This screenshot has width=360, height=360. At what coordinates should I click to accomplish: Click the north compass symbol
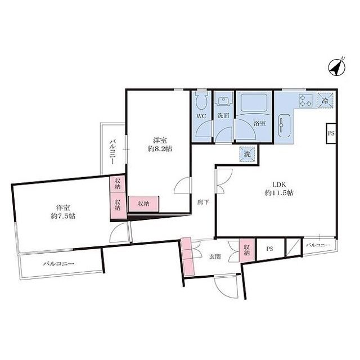coord(336,67)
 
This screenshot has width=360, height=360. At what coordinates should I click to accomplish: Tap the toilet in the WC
coord(202,101)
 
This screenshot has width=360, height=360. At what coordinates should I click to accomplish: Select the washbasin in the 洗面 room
coord(224,101)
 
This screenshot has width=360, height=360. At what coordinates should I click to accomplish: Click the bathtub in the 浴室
coord(254,103)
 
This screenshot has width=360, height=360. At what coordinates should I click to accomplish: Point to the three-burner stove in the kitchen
coord(306,101)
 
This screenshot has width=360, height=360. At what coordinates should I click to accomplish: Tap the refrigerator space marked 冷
coord(325,100)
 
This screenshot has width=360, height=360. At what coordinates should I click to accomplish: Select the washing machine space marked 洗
coord(247,154)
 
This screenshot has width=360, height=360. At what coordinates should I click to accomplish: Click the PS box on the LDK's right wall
coord(331,133)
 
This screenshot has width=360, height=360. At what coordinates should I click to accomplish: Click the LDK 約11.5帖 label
coord(279,189)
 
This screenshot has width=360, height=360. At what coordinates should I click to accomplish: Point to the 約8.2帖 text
coord(160,149)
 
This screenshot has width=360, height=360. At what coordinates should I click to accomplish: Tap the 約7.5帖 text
coord(63,216)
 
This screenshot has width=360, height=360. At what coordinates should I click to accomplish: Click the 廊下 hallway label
coord(204,202)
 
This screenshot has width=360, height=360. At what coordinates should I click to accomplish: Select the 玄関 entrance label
coord(215,256)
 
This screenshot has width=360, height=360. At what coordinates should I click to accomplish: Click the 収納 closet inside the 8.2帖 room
coord(143,204)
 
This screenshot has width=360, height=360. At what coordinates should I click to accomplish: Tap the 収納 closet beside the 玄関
coord(247,250)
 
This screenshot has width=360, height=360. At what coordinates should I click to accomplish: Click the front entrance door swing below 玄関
coord(226,287)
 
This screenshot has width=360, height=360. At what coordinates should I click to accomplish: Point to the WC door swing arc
coord(204,130)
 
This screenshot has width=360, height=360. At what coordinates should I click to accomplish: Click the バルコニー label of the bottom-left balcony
coord(58,264)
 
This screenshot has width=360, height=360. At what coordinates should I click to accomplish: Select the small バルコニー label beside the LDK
coord(318,245)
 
